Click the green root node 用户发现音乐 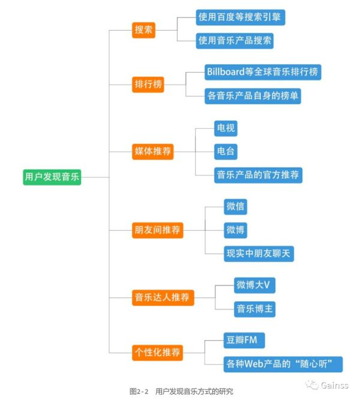pos(52,178)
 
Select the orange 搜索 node pos(143,29)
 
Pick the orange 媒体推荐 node pos(153,151)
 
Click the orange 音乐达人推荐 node pos(163,297)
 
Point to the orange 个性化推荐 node pos(158,352)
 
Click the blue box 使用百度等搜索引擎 pos(240,17)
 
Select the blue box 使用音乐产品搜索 pos(235,41)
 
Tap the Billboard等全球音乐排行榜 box pos(262,72)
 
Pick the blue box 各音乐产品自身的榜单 pos(253,96)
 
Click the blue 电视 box pos(226,127)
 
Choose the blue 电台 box pos(226,151)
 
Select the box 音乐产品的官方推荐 pos(257,175)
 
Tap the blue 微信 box pos(235,206)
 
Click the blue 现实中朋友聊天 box pos(259,254)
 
